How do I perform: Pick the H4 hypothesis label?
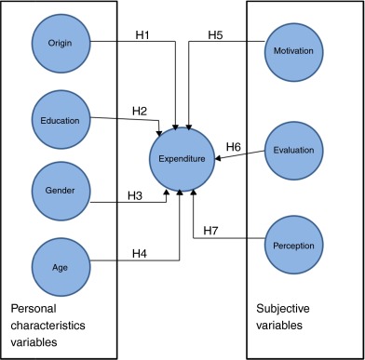click(138, 251)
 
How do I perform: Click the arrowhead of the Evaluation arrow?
click(220, 158)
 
